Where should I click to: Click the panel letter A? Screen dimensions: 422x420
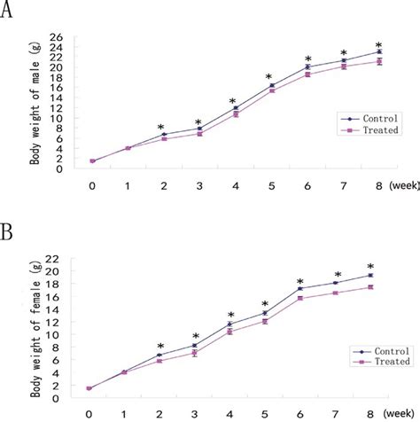tap(11, 13)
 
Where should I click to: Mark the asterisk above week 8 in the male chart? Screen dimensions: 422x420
tap(378, 45)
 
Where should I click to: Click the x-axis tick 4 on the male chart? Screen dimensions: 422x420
tap(234, 185)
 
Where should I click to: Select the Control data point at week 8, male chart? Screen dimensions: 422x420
tap(379, 52)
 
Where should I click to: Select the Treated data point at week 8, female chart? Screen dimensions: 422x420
tap(371, 287)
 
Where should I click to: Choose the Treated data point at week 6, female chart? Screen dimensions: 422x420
tap(300, 298)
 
